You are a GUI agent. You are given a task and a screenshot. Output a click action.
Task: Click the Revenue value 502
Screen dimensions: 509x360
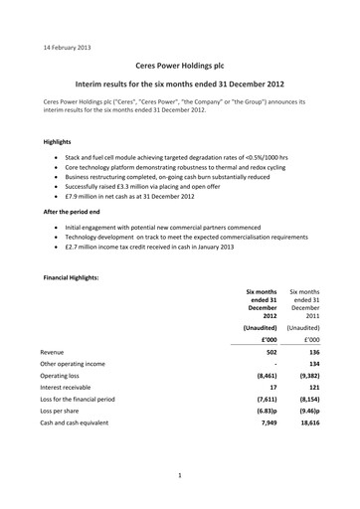[266, 352]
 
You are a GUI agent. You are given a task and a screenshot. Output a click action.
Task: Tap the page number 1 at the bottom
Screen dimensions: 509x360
[180, 476]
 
